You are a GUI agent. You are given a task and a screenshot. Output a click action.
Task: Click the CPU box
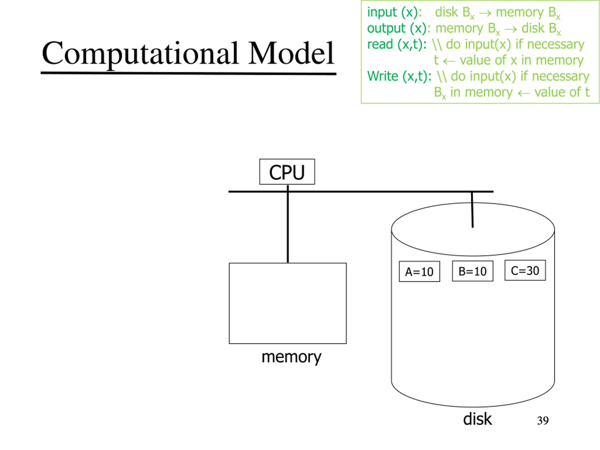pos(287,172)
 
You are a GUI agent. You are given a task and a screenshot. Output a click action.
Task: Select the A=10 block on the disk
pos(419,271)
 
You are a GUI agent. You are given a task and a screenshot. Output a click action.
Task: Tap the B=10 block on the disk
pos(472,271)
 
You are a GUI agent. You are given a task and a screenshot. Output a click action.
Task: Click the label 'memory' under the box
pos(291,357)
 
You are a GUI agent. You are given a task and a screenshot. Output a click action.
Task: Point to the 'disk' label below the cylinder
pos(477,419)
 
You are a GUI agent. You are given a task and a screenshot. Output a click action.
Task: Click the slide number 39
pos(543,420)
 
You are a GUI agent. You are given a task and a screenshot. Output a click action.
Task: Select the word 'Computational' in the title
pos(140,54)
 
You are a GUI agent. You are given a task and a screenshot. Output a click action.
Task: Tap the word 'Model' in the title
pos(291,53)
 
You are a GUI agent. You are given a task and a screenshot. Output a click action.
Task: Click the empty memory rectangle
pos(288,303)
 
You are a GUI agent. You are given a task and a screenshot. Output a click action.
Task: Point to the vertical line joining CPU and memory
pos(288,224)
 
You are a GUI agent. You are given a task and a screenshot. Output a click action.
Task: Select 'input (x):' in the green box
pos(394,12)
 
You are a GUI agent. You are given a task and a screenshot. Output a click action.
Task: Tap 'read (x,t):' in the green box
pos(397,44)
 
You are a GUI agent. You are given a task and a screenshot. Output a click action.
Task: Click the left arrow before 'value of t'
pos(524,93)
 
